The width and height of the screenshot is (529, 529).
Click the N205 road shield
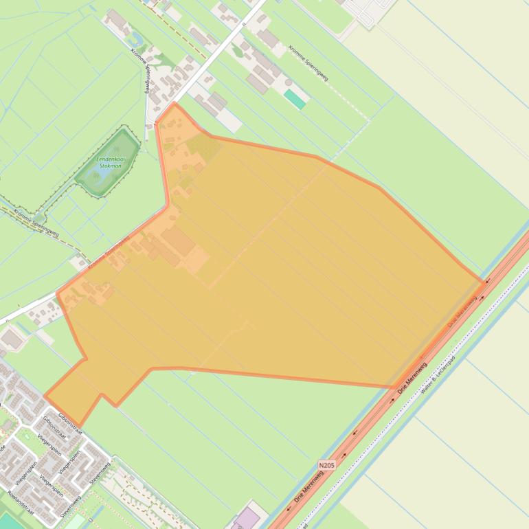327,465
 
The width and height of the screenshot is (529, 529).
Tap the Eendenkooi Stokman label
107,162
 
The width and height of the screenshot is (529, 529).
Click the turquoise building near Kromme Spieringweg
295,99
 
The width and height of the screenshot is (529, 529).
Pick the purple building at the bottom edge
248,518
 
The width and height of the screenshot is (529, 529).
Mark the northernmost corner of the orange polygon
175,104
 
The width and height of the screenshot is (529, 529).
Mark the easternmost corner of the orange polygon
484,282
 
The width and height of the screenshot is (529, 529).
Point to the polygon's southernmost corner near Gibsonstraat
79,426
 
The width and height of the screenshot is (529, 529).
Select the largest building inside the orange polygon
179,241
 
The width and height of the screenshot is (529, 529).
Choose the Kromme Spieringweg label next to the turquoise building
308,63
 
